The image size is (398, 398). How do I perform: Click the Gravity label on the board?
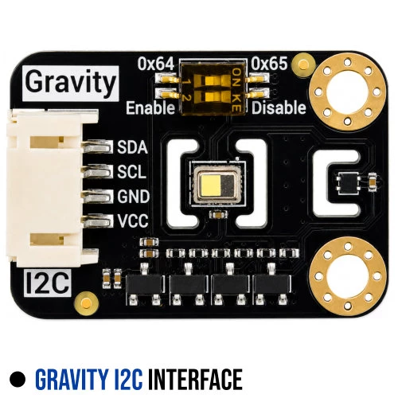click(x=71, y=84)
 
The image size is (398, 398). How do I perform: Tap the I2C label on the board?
click(x=48, y=283)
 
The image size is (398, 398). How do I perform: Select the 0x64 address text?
click(x=156, y=64)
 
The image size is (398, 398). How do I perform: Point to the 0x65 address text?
click(x=269, y=64)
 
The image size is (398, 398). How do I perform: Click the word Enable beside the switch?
click(x=150, y=108)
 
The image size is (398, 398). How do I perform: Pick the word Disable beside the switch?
click(x=279, y=107)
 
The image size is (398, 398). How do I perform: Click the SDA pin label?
click(x=132, y=147)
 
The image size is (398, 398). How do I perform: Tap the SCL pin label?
click(x=132, y=172)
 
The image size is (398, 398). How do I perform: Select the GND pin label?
click(x=134, y=197)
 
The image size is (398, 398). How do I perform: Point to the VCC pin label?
click(x=133, y=220)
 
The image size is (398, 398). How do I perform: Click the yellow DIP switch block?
click(x=213, y=88)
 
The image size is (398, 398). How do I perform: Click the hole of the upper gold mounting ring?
click(x=347, y=92)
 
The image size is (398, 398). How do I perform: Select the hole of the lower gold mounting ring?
click(x=348, y=276)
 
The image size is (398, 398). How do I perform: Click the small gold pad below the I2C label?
click(x=87, y=302)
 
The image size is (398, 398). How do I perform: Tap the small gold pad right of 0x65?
click(x=303, y=64)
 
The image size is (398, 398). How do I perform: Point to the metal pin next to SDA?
click(x=98, y=146)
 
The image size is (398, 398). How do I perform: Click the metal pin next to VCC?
click(x=98, y=221)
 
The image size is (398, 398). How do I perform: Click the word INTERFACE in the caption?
click(x=195, y=379)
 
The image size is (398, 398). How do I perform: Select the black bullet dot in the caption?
click(x=18, y=379)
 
